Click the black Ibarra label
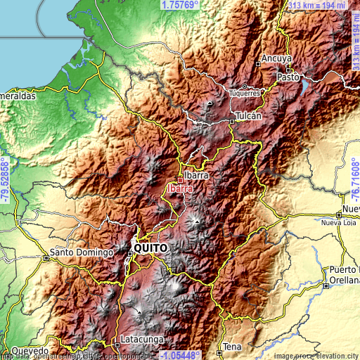[197, 176]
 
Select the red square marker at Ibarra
[180, 180]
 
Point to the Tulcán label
[249, 115]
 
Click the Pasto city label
[288, 76]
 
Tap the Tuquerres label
[245, 92]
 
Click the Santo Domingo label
[81, 252]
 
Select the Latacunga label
[141, 340]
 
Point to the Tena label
[232, 347]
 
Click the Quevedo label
[29, 349]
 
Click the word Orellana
[345, 287]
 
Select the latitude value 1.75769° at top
[180, 5]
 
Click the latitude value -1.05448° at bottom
[180, 355]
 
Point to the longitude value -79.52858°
[5, 180]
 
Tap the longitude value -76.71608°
[355, 180]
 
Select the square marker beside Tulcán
[233, 121]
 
